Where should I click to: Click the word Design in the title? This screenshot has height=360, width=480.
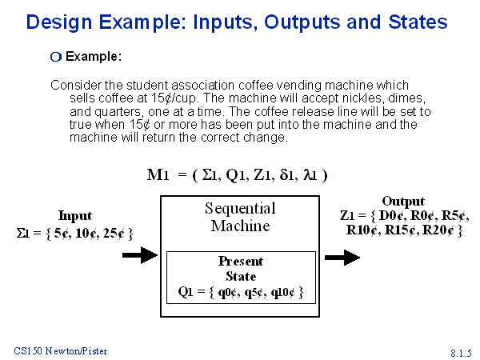(59, 22)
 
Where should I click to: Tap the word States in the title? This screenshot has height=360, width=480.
(418, 22)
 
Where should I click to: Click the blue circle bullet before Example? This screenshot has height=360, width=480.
(56, 57)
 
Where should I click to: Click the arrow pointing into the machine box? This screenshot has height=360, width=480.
(140, 255)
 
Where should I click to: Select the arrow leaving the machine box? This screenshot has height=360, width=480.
(342, 258)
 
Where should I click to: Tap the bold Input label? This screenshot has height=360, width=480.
(75, 215)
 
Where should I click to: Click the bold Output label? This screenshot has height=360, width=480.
(403, 201)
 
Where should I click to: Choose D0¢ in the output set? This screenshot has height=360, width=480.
(393, 215)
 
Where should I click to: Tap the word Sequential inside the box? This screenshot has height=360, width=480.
(240, 208)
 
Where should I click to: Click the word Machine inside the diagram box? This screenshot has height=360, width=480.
(240, 226)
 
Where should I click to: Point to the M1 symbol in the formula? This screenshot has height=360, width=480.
(158, 175)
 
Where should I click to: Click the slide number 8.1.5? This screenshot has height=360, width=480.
(461, 353)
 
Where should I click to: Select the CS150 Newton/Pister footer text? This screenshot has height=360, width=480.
(61, 351)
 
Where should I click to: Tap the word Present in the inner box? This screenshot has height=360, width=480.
(241, 261)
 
